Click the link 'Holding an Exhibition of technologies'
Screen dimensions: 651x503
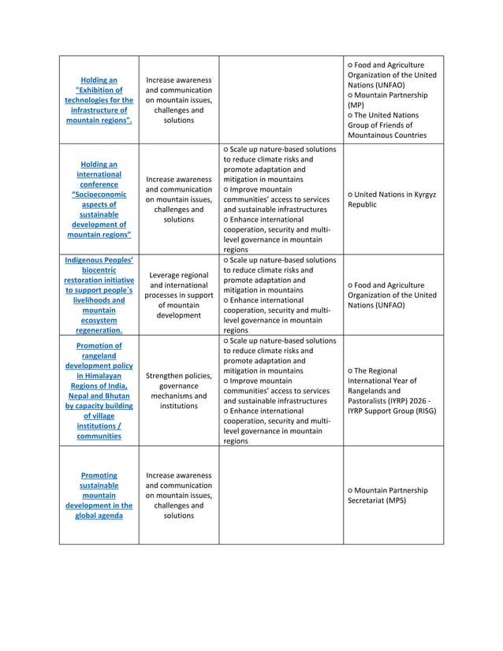(x=99, y=100)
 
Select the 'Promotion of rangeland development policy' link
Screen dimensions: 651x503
(x=99, y=390)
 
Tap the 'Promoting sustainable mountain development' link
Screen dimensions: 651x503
(x=99, y=495)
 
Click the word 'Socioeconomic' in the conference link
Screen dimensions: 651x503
(x=100, y=194)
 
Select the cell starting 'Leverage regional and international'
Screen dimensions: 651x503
(x=179, y=295)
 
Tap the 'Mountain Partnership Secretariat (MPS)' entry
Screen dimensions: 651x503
(x=392, y=495)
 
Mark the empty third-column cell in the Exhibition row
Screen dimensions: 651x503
(x=280, y=100)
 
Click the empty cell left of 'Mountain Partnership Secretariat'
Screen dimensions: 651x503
(x=280, y=495)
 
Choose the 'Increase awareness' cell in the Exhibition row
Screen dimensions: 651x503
(x=179, y=100)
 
